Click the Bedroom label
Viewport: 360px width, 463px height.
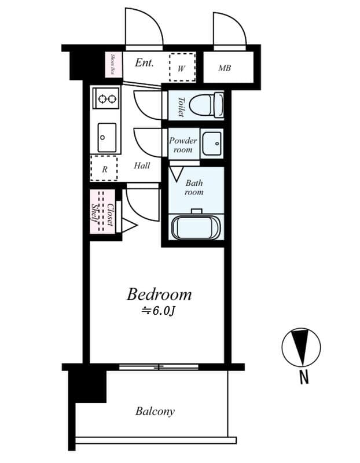coord(159,295)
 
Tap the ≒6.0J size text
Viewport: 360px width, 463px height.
coord(158,311)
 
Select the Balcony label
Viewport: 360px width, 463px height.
coord(155,411)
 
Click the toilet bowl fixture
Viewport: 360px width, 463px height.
coord(207,105)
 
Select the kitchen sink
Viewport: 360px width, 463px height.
coord(106,137)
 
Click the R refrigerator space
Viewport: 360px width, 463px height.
coord(105,170)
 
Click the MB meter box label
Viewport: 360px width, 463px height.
coord(225,68)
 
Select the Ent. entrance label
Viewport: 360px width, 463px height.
coord(144,63)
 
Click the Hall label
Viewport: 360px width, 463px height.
coord(142,166)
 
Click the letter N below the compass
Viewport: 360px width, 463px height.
coord(303,378)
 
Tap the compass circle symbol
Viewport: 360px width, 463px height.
coord(300,348)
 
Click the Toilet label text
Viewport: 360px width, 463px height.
coord(180,106)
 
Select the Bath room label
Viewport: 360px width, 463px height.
coord(194,188)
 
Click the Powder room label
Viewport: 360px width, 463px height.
coord(183,145)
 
